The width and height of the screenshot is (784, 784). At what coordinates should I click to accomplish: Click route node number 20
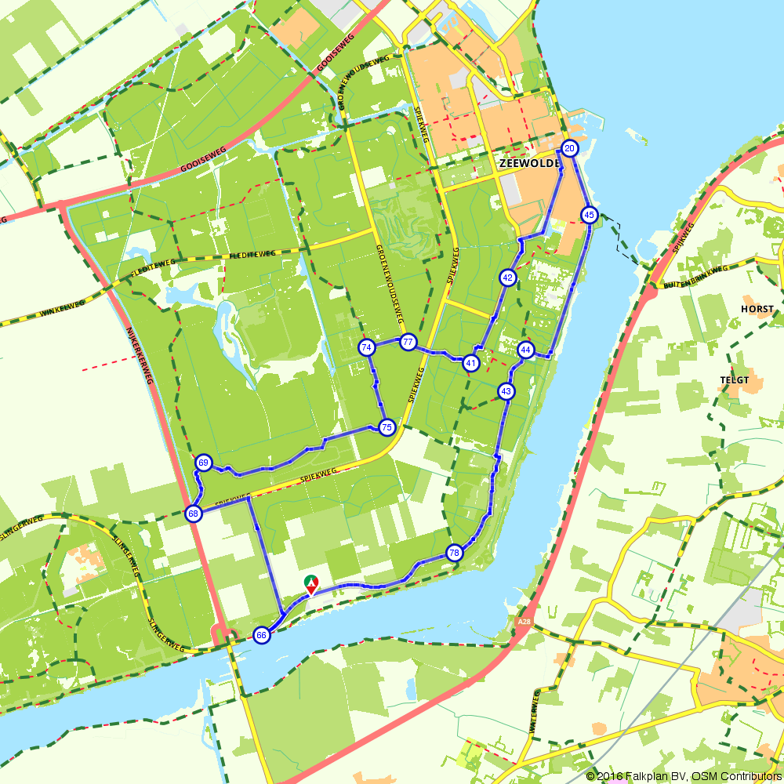[x=570, y=148]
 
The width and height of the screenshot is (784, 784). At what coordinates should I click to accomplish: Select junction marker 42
[x=508, y=277]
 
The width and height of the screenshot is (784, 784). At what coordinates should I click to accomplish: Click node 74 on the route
[x=366, y=347]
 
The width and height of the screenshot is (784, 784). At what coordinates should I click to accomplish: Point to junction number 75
[x=386, y=427]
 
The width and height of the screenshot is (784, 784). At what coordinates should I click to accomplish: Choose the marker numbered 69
[x=204, y=463]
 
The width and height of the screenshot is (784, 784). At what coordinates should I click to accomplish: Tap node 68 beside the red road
[x=193, y=514]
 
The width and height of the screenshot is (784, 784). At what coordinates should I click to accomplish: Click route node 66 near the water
[x=262, y=635]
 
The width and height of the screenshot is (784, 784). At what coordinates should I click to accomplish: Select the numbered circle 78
[x=454, y=553]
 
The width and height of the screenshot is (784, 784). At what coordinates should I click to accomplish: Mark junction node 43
[x=506, y=390]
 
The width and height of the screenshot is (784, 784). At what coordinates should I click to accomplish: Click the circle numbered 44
[x=526, y=350]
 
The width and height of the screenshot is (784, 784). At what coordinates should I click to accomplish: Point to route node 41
[x=470, y=362]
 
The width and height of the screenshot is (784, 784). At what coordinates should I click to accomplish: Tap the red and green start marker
[x=311, y=584]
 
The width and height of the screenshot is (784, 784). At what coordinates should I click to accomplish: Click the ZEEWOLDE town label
[x=528, y=163]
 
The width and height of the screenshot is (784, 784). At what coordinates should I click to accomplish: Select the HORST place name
[x=757, y=309]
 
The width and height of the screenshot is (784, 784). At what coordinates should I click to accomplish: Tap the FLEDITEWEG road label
[x=252, y=254]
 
